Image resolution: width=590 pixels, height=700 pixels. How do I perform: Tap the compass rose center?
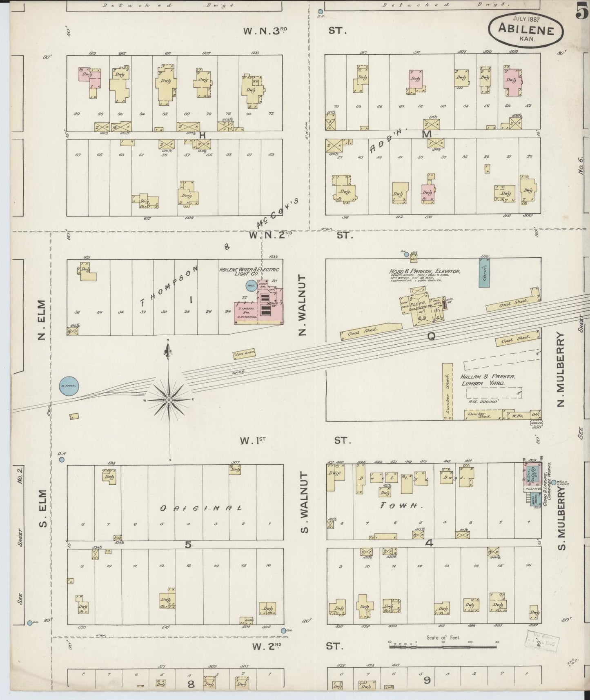click(x=169, y=400)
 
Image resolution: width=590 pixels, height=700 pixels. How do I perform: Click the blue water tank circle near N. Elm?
click(x=69, y=386)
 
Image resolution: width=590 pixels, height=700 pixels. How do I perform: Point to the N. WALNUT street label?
click(x=303, y=304)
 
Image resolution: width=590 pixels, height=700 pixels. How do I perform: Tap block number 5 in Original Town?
click(x=188, y=544)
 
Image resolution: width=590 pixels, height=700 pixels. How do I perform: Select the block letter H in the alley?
click(x=201, y=135)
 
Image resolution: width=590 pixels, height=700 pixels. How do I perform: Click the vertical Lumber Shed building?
click(x=447, y=391)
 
